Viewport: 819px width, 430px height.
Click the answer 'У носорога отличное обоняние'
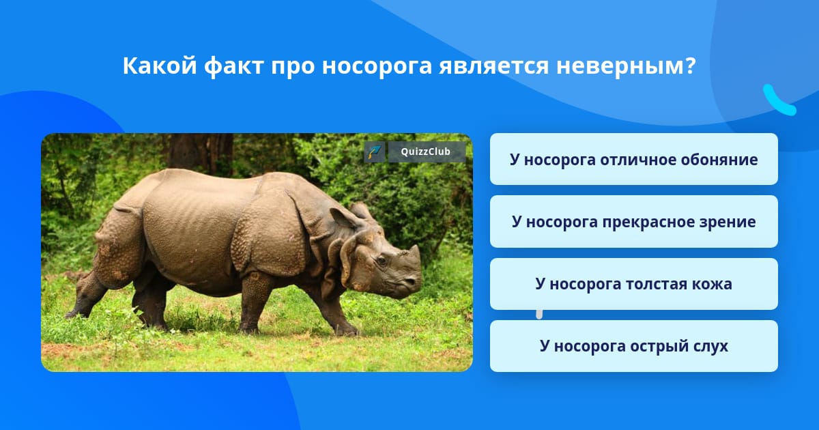(x=633, y=159)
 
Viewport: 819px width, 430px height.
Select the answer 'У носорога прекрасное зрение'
(x=633, y=222)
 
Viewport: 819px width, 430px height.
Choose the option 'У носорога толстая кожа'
(x=633, y=284)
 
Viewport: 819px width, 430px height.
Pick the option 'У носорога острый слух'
(x=633, y=346)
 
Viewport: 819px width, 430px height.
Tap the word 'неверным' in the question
(x=626, y=66)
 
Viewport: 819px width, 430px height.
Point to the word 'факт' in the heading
(x=234, y=67)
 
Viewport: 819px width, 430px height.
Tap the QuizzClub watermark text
(x=425, y=152)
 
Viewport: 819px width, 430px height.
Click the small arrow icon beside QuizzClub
(x=375, y=152)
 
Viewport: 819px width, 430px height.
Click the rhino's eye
(x=382, y=260)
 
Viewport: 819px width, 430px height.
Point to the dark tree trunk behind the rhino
(x=201, y=152)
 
